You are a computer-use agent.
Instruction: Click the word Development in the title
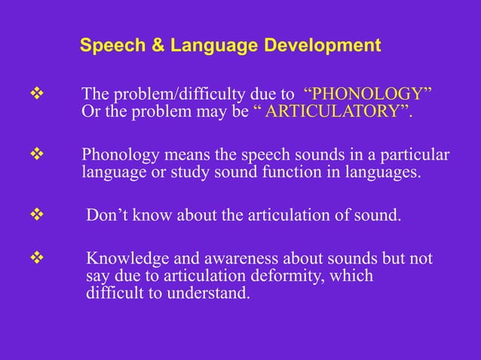click(322, 46)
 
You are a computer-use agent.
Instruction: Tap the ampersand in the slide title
click(159, 46)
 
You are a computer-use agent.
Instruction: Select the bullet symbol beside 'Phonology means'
click(33, 156)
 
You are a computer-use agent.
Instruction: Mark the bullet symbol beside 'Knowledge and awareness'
click(33, 259)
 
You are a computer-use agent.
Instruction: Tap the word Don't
click(107, 217)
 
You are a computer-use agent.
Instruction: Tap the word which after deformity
click(351, 276)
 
